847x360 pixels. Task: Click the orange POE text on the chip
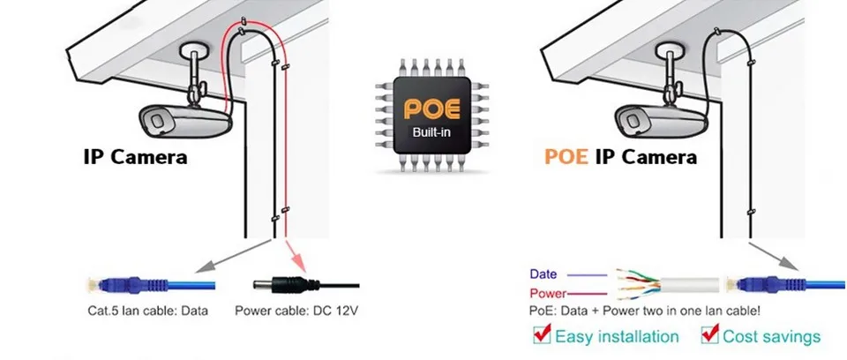tap(432, 109)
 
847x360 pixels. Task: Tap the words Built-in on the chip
tap(431, 131)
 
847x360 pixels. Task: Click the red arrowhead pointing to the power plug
tap(298, 265)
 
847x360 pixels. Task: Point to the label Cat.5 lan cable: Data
tap(147, 311)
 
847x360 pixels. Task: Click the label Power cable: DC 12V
tap(296, 311)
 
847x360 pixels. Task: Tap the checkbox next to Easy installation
tap(542, 334)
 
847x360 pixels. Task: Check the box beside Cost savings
tap(709, 334)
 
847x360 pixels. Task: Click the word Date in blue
tap(543, 274)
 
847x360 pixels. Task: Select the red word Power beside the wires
tap(548, 294)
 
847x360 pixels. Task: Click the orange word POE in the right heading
tap(566, 157)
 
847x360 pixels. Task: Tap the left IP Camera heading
tap(135, 157)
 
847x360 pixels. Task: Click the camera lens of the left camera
tap(156, 121)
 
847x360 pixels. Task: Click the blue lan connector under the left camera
tap(152, 284)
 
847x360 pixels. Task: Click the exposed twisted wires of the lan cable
tap(637, 284)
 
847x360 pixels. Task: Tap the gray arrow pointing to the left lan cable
tap(233, 256)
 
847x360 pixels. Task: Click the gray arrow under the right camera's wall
tap(773, 255)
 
